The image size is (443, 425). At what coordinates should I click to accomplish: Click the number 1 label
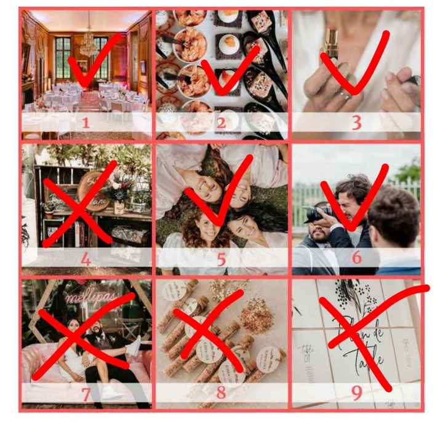pyautogui.click(x=86, y=122)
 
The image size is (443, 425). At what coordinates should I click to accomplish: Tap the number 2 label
pyautogui.click(x=221, y=122)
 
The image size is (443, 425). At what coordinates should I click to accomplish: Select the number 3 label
pyautogui.click(x=356, y=122)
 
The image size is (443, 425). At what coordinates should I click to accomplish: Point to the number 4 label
pyautogui.click(x=86, y=259)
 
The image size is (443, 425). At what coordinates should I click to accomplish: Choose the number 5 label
pyautogui.click(x=221, y=259)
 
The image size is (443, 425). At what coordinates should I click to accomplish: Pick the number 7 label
pyautogui.click(x=86, y=392)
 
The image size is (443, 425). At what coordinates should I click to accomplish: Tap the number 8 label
pyautogui.click(x=221, y=392)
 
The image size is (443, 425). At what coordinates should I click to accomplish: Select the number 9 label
pyautogui.click(x=356, y=392)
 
